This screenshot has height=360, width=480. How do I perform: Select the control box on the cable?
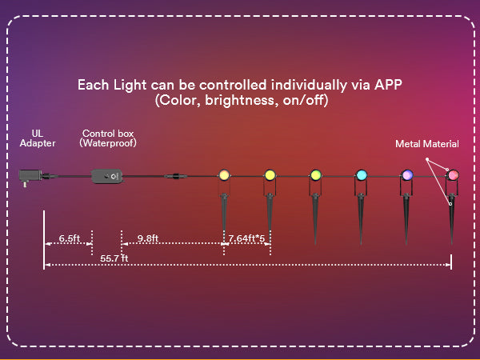point(108,174)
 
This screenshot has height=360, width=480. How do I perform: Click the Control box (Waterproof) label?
point(108,138)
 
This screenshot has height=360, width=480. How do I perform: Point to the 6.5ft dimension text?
point(70,238)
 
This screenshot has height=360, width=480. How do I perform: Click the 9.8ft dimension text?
point(148,238)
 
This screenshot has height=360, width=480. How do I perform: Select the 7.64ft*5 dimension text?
point(246,238)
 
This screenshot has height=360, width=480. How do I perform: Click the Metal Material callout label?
point(427,144)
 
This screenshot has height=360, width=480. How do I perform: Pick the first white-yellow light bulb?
point(224,174)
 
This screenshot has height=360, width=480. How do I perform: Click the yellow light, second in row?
point(270,174)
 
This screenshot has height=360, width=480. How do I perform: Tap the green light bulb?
point(315,174)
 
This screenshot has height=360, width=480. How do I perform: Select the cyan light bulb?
point(361,174)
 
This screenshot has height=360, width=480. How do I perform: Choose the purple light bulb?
point(406,174)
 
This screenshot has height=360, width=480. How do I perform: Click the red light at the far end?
point(452,174)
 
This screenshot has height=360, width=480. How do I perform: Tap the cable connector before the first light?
point(170,174)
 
